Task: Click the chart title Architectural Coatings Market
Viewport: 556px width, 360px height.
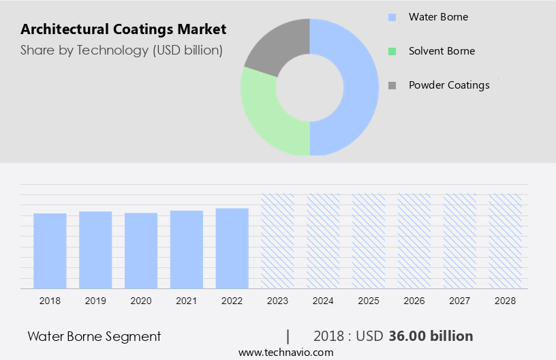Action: [x=123, y=29]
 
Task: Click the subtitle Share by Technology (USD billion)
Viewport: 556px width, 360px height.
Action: [x=121, y=50]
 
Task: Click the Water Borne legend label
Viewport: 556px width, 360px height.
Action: [x=438, y=16]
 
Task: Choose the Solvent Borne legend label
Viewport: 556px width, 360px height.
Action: [x=442, y=51]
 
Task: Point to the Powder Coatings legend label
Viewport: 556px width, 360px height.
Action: [x=449, y=85]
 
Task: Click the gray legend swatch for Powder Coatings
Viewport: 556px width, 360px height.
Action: [x=392, y=85]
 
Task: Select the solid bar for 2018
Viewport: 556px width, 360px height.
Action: [x=50, y=250]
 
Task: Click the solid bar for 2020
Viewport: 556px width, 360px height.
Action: [x=141, y=250]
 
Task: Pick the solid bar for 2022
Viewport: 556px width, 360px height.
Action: [x=232, y=248]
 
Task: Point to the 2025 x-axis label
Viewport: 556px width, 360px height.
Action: [x=369, y=300]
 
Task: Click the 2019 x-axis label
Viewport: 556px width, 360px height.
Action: [x=95, y=300]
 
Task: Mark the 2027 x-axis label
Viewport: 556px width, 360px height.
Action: [x=460, y=300]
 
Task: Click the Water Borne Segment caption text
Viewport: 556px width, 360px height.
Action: [x=94, y=336]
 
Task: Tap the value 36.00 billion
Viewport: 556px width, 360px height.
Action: [x=431, y=336]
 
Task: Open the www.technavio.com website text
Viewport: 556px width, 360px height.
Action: [x=285, y=352]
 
